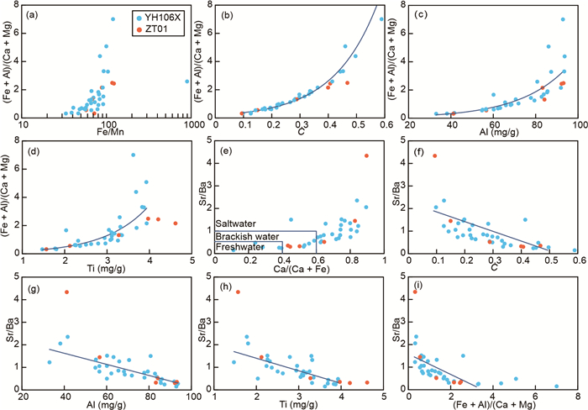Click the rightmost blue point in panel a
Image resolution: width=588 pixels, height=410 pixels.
(x=186, y=81)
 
